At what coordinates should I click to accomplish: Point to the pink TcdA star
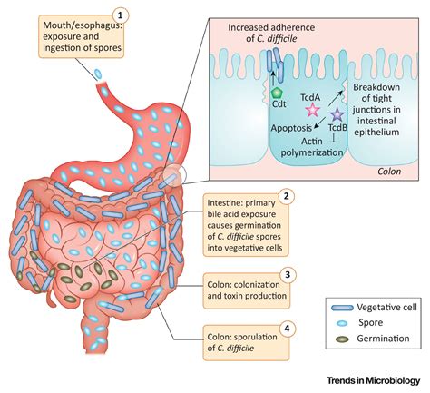[314, 109]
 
